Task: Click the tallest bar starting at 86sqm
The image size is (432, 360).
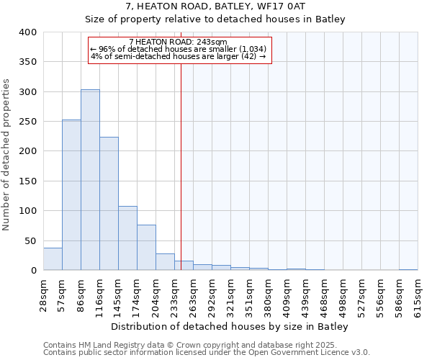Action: tap(90, 180)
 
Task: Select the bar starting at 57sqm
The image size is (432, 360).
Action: tap(71, 195)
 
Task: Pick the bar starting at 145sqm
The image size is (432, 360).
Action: tap(127, 238)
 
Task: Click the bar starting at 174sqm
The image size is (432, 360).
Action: tap(146, 248)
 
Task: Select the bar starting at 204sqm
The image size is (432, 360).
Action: tap(165, 262)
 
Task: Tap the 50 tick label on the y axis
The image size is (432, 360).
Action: tap(30, 240)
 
